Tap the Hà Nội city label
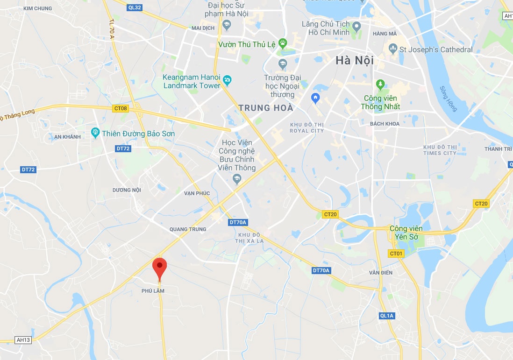point(355,61)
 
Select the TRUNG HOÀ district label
point(266,108)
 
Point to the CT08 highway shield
point(120,108)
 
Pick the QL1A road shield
point(387,316)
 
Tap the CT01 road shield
point(396,254)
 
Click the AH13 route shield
point(23,340)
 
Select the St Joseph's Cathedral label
point(435,49)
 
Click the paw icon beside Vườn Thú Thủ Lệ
point(283,43)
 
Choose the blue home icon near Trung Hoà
point(315,98)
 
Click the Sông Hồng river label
point(449,99)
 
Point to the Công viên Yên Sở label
point(406,233)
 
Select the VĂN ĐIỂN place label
point(381,273)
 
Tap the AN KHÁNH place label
point(67,137)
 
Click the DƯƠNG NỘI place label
point(127,190)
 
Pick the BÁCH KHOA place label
point(385,124)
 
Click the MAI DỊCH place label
point(203,28)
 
